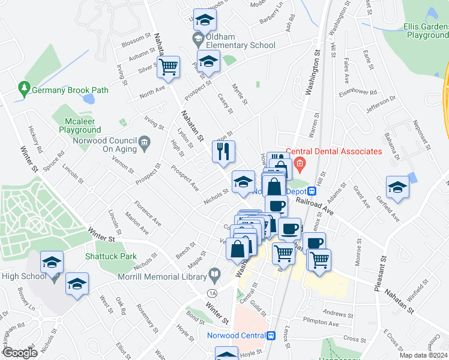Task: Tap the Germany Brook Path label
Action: (70, 90)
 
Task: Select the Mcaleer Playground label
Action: (79, 125)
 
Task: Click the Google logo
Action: (20, 353)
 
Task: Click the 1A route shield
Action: (212, 292)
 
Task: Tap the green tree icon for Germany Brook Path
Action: (24, 89)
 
